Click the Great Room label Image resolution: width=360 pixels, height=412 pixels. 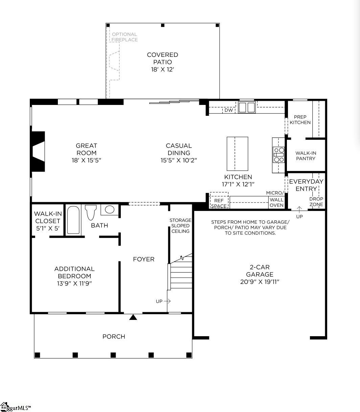coord(86,149)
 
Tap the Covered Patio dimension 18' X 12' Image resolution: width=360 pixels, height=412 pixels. coord(162,69)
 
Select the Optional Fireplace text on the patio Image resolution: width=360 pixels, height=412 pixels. coord(125,37)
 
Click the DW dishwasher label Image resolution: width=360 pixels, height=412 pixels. coord(229,110)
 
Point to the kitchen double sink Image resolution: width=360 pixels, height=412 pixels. coord(247,107)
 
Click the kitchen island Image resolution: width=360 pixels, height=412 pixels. coord(238,154)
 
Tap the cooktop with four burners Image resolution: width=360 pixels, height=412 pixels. coord(279,155)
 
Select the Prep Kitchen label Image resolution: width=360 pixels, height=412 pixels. coord(300,120)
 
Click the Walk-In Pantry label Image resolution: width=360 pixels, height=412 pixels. coord(306,156)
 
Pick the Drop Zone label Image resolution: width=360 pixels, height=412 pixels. coord(316,201)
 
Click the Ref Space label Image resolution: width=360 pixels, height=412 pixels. coord(219,203)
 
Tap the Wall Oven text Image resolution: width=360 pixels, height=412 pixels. coord(276,202)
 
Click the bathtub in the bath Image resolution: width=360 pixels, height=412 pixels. coord(73,220)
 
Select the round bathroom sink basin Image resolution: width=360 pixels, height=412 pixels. coord(110,210)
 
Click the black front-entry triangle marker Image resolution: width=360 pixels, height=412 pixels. coord(133,317)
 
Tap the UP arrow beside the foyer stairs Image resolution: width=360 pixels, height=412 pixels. coord(167,301)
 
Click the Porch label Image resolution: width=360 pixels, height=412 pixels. coord(114,337)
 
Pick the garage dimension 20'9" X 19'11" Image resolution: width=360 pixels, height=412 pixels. coord(260,282)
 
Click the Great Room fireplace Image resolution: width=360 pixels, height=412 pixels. coord(38,152)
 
